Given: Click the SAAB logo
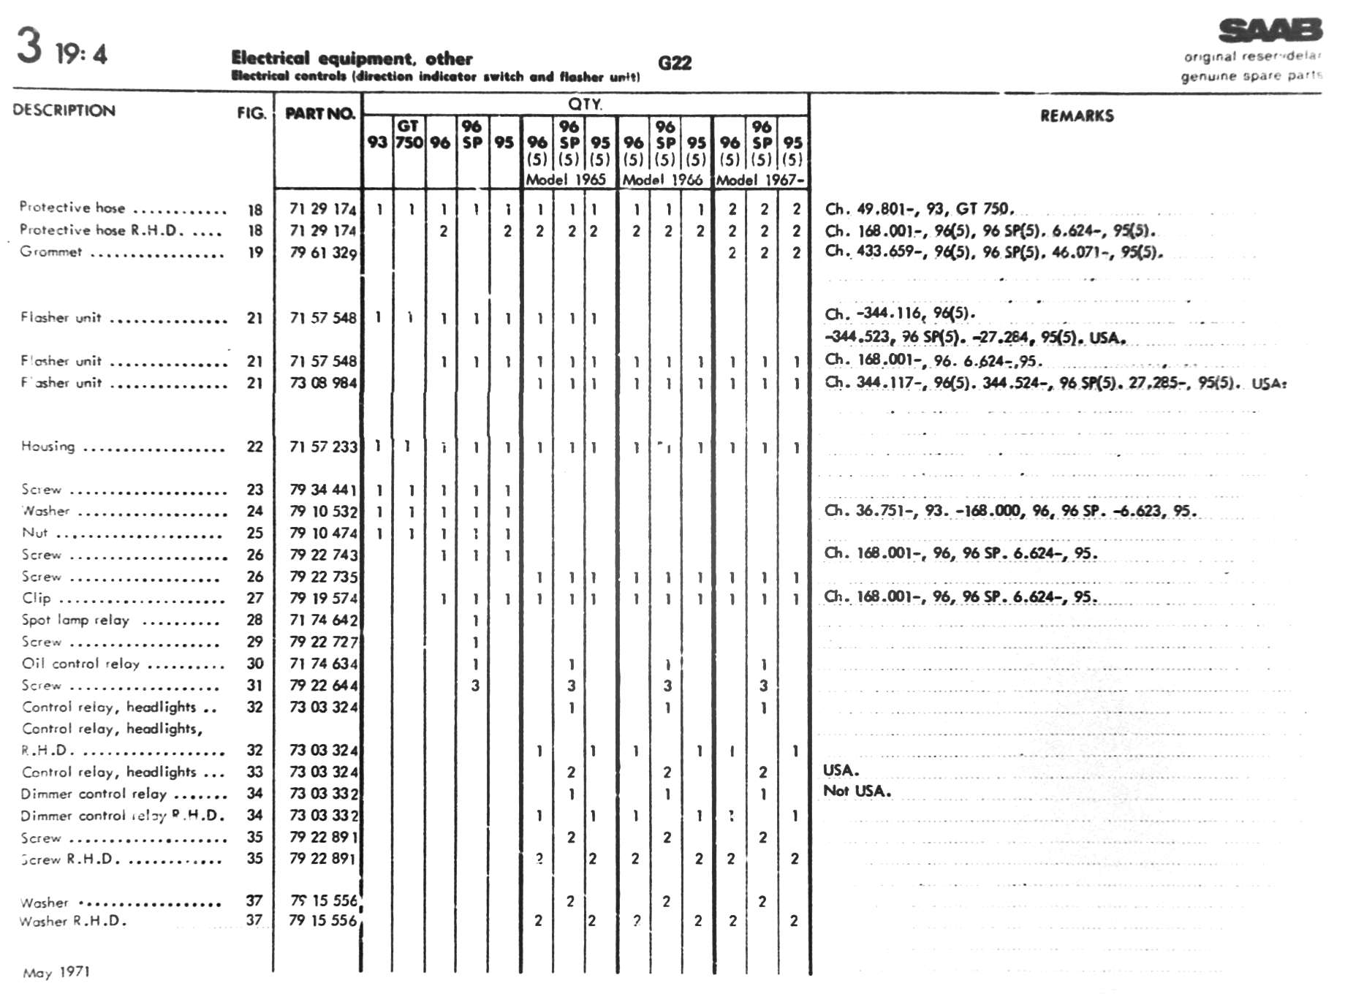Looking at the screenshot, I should [x=1270, y=31].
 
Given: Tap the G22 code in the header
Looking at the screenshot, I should [x=674, y=63].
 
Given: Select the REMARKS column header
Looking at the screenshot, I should [x=1077, y=115].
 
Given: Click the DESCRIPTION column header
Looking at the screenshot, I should [x=64, y=110].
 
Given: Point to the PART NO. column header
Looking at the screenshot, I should [x=319, y=113].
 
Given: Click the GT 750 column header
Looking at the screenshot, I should [x=409, y=134].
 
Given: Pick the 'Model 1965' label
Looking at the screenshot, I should [x=567, y=180].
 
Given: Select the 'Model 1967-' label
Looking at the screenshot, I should [x=760, y=180].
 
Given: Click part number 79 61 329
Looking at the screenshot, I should [x=323, y=253].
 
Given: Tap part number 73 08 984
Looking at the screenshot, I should [x=323, y=383].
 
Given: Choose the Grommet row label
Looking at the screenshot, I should [x=50, y=251].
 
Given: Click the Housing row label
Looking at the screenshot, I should [x=48, y=446].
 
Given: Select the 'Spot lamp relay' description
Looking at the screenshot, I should [x=75, y=620].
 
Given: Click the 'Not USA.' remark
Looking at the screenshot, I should [x=857, y=791].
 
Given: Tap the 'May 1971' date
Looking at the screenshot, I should [x=56, y=972].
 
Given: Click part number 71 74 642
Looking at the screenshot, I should [x=323, y=621].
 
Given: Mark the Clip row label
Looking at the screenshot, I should [x=37, y=598].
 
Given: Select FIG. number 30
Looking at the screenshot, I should [x=254, y=664].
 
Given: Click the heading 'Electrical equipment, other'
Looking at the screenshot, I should [x=352, y=58].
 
